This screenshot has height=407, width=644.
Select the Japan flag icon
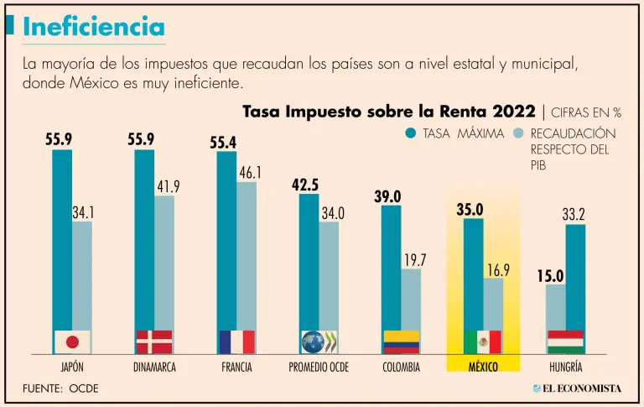(x=72, y=342)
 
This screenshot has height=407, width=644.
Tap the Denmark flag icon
(x=154, y=342)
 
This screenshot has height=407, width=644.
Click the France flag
(x=236, y=342)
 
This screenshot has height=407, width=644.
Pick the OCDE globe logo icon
(x=319, y=342)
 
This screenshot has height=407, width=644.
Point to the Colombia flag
(x=401, y=342)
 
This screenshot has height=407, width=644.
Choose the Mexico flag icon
(x=483, y=342)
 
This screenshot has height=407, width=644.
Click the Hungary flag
(x=565, y=342)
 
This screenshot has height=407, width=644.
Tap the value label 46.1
(x=250, y=173)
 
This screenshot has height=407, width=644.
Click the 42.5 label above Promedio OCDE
(x=304, y=184)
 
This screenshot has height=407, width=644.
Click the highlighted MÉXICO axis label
(x=483, y=367)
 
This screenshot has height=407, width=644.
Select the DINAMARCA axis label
(x=154, y=367)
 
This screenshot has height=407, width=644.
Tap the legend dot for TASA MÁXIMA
(x=411, y=133)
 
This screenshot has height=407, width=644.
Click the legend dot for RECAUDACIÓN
(x=518, y=133)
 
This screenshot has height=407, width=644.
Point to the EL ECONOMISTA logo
(x=577, y=388)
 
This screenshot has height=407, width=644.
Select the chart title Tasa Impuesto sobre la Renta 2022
(x=388, y=112)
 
